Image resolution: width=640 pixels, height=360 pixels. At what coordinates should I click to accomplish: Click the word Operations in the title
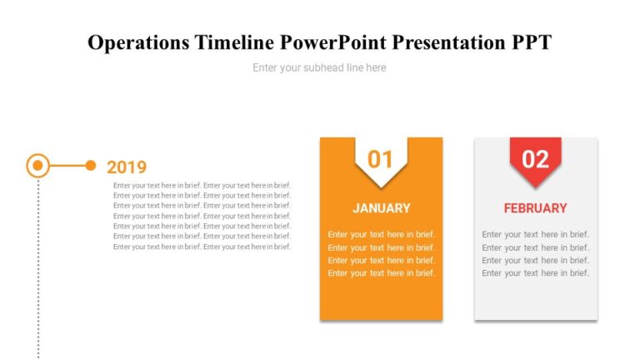tap(137, 42)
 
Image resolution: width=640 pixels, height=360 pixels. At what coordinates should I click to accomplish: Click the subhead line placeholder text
tap(319, 67)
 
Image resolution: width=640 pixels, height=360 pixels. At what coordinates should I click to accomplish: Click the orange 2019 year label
tap(127, 167)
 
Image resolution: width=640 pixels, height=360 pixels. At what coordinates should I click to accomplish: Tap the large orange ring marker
tap(37, 166)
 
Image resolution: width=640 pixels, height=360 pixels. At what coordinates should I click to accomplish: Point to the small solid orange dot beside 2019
tap(91, 166)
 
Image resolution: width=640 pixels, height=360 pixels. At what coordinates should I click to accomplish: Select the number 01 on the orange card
tap(381, 159)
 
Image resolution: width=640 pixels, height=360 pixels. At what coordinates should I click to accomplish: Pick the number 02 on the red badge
tap(535, 159)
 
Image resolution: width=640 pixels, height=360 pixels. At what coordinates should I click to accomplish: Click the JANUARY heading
tap(381, 208)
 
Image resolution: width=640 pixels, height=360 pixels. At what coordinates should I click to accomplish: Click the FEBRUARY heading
tap(535, 208)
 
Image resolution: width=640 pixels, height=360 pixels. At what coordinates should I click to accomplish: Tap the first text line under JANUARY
tap(381, 235)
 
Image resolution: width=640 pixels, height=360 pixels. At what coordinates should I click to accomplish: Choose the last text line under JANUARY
tap(381, 273)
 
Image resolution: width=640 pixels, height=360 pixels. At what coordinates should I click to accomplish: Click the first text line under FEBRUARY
tap(535, 235)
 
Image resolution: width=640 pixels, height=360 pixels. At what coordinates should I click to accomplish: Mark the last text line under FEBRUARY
tap(535, 273)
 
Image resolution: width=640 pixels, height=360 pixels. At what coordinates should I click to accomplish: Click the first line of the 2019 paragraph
tap(202, 185)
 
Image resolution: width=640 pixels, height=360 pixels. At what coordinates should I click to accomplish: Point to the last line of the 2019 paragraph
tap(202, 247)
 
